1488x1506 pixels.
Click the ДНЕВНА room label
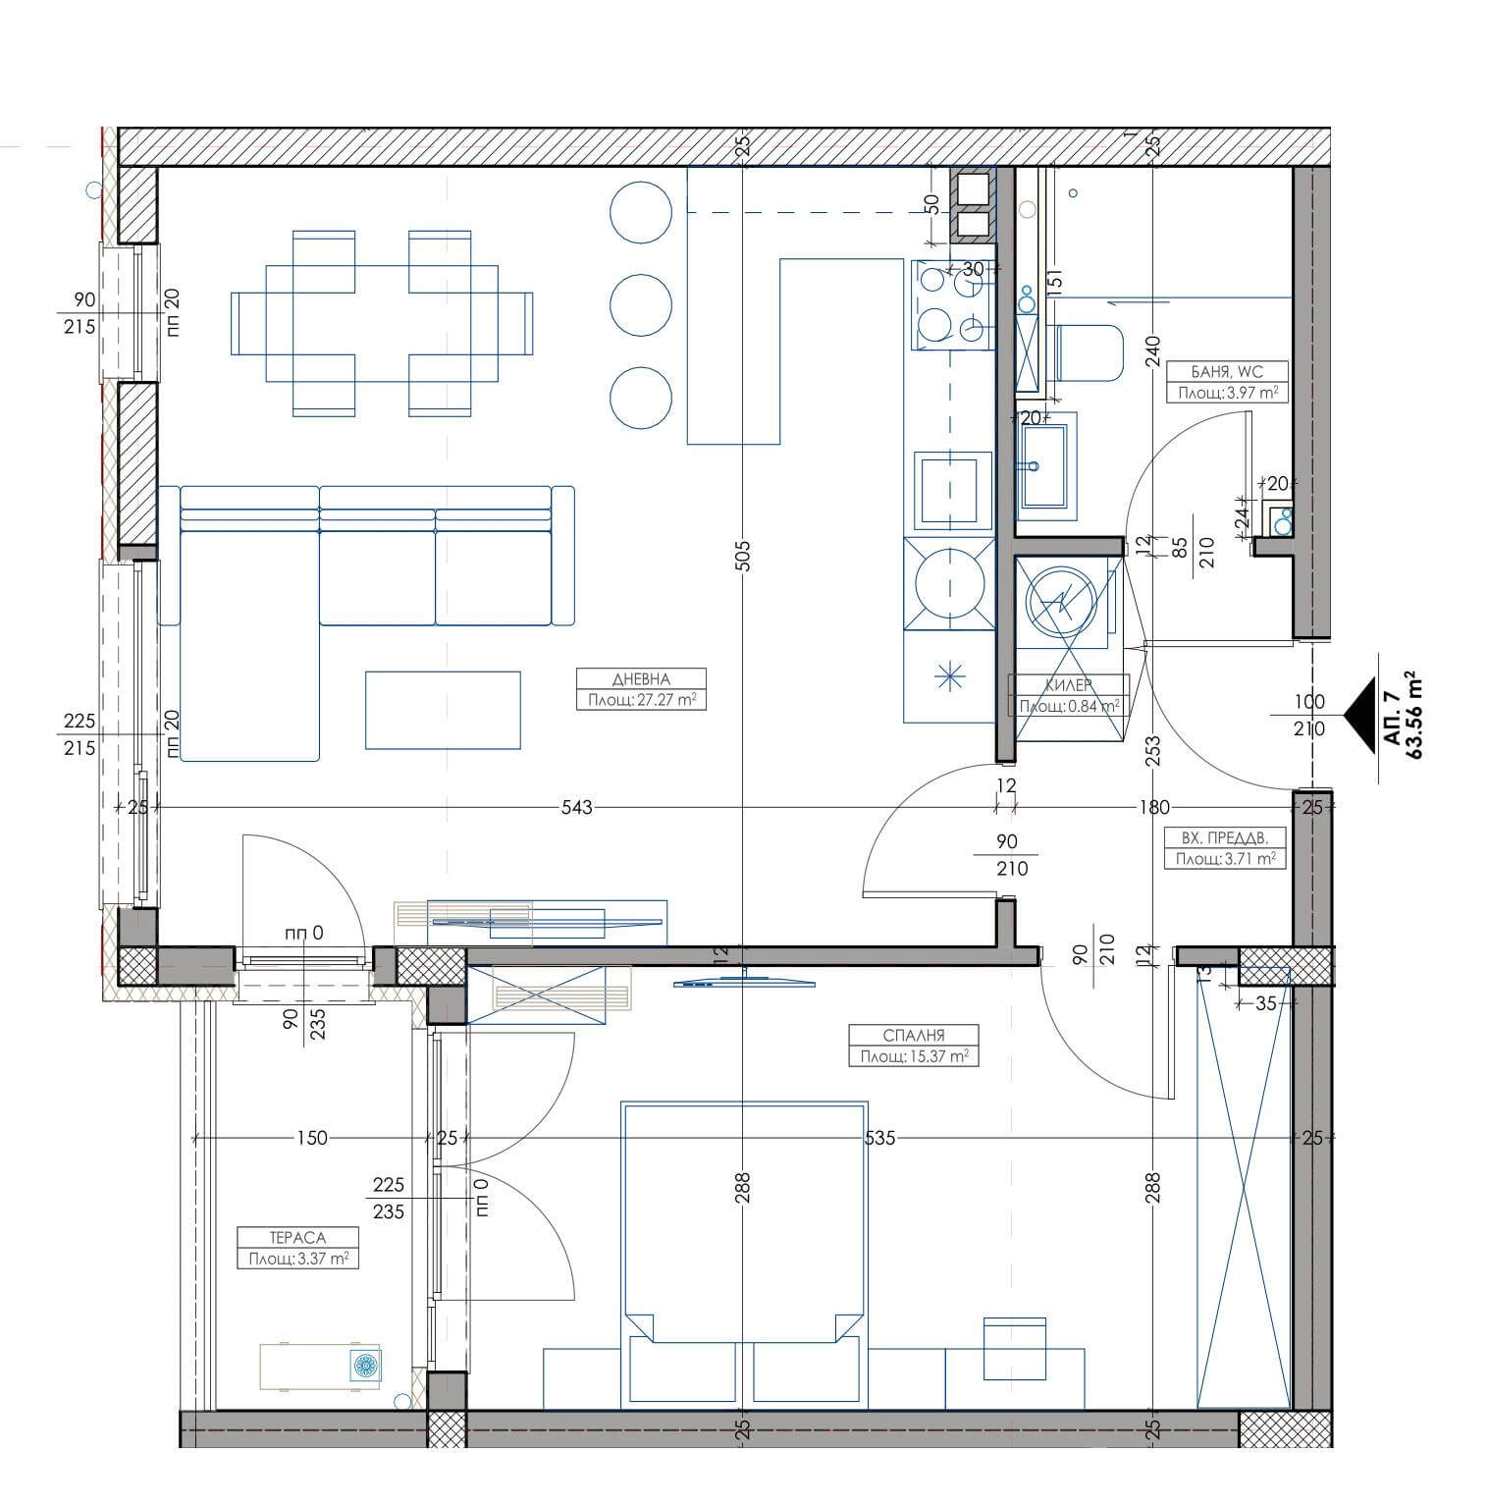point(640,679)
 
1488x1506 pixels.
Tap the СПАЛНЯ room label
point(914,1035)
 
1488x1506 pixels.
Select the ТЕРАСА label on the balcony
point(297,1238)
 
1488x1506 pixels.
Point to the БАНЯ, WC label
point(1227,371)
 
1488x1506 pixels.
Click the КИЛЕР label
point(1069,685)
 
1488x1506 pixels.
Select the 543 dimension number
point(577,807)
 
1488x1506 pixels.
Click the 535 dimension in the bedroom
point(879,1139)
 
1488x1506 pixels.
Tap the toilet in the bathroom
point(1089,352)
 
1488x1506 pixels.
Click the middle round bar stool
point(641,304)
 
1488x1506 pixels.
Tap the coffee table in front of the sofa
point(443,710)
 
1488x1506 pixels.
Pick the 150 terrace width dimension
point(311,1139)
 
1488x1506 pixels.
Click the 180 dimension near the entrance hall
point(1154,807)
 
